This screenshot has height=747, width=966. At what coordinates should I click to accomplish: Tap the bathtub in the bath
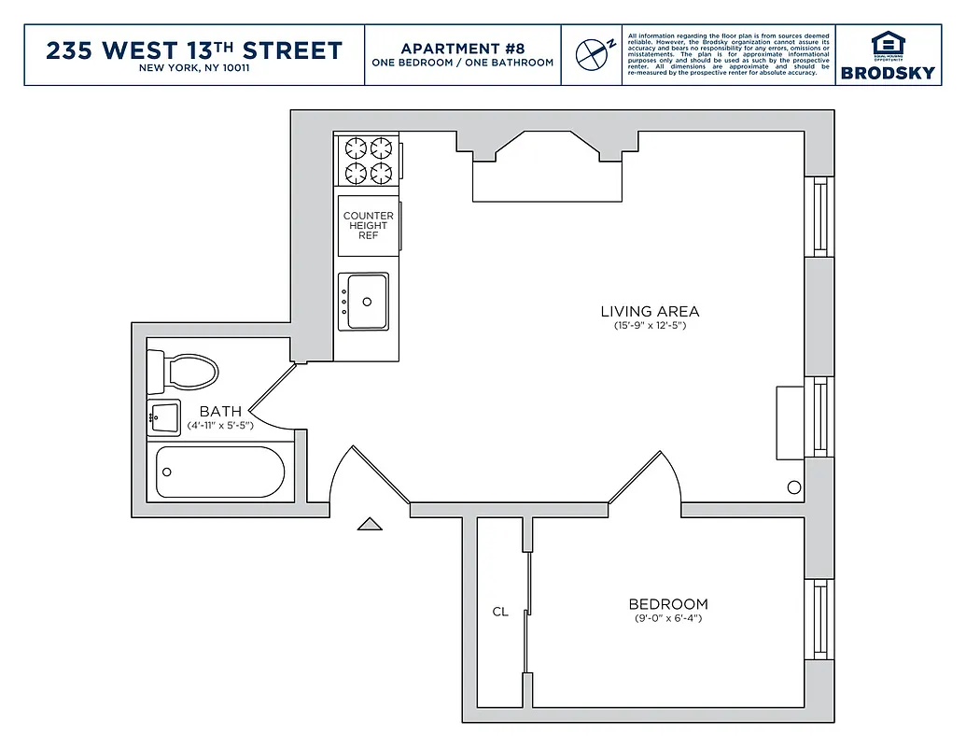tap(220, 472)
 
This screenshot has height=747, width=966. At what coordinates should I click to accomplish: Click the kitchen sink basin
tap(366, 302)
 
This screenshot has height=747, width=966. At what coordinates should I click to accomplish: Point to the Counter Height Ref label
tap(369, 225)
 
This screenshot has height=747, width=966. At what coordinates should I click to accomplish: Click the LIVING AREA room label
tap(650, 312)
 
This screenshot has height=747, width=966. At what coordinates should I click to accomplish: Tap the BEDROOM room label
tap(667, 604)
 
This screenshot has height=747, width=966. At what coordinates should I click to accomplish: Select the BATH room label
tap(220, 411)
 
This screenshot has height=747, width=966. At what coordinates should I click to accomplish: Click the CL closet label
tap(500, 612)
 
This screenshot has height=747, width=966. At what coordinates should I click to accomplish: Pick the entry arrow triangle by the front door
tap(370, 525)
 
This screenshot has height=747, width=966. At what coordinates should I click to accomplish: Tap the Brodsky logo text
tap(888, 73)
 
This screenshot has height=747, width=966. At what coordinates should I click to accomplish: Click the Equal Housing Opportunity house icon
tap(888, 44)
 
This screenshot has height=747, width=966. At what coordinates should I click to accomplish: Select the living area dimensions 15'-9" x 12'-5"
tap(650, 326)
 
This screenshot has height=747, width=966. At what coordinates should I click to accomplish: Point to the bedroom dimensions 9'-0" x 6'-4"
tap(667, 618)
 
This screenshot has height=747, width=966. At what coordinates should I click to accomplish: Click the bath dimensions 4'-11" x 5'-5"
tap(220, 425)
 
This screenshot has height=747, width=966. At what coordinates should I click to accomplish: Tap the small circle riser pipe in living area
tap(794, 486)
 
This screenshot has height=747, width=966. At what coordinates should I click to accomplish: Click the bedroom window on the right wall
tap(820, 618)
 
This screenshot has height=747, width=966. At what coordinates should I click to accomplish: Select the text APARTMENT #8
tap(463, 48)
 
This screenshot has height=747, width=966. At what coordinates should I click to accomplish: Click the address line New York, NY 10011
tap(194, 67)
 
